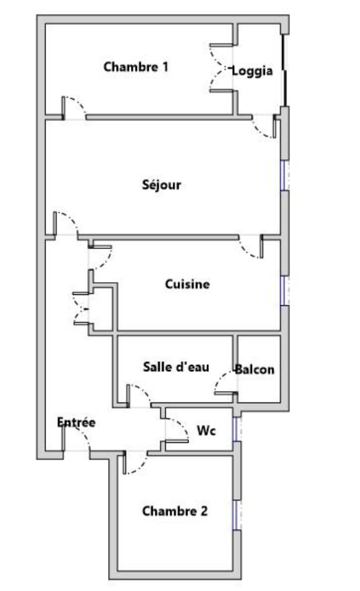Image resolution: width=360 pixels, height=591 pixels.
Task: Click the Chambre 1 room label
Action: coord(136,67)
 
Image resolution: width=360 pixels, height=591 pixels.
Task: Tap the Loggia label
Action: coord(252,71)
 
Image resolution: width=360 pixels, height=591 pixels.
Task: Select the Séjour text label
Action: coord(162,185)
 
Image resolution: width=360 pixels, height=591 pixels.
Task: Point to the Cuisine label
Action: coord(187,284)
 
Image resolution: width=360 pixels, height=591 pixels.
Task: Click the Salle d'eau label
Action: coord(176,367)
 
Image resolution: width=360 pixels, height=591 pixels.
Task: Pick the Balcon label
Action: coord(255,369)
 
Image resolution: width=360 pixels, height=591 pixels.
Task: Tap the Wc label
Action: coord(206,431)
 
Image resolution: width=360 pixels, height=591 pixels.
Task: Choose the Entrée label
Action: coord(76,422)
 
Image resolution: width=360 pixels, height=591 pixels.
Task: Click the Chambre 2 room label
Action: coord(175,511)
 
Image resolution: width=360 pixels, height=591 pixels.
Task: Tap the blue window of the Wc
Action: coord(237,429)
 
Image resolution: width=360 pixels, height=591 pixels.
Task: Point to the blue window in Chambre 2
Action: coord(237,515)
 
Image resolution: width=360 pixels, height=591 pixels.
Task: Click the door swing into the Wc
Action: coord(177,430)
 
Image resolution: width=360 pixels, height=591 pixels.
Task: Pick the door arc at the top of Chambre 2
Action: coord(135,463)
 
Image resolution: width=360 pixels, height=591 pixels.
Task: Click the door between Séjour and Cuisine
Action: coord(251,247)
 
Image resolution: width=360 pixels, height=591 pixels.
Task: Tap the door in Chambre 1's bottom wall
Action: coord(74,108)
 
